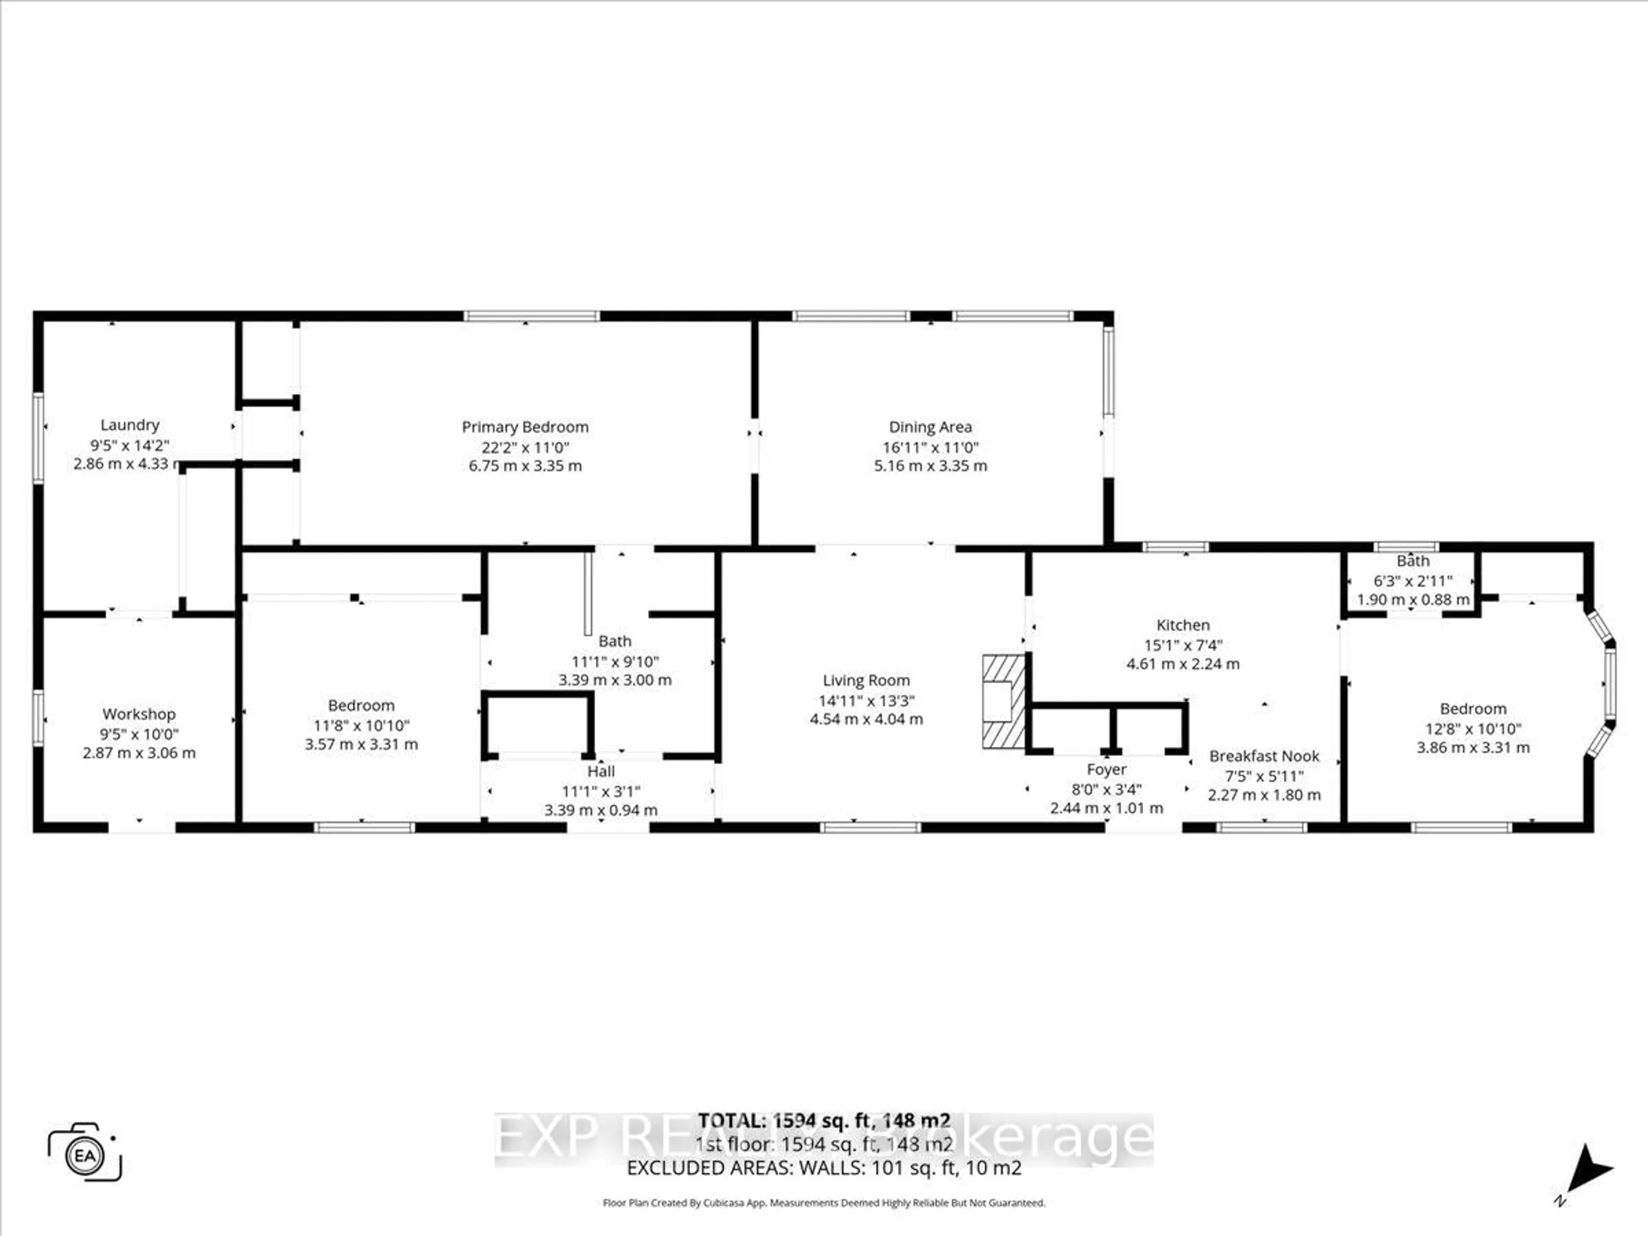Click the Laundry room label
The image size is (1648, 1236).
point(130,425)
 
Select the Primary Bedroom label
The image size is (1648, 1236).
point(525,427)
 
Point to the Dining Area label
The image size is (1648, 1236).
point(930,427)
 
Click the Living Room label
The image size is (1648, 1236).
point(866,680)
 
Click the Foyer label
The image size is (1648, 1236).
point(1106,769)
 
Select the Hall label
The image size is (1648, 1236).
point(600,771)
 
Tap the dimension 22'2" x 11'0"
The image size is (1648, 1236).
point(525,447)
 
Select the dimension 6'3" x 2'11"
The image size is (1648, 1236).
point(1412,580)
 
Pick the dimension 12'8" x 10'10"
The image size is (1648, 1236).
point(1473,729)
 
